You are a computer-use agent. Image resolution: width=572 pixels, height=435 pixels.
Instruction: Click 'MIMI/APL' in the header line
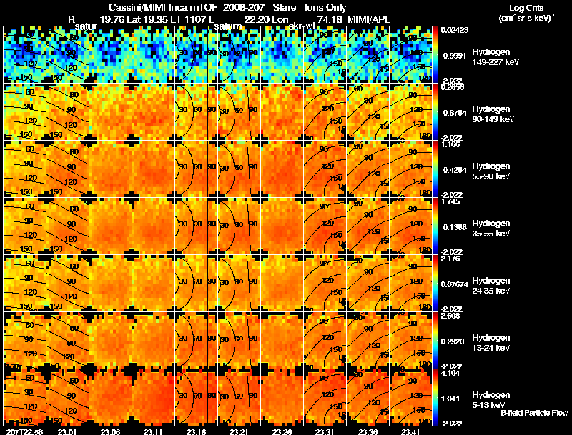(x=371, y=19)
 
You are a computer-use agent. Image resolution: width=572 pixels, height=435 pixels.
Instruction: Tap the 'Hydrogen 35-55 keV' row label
(x=492, y=228)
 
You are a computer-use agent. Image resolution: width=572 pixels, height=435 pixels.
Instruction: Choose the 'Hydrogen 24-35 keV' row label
(x=492, y=285)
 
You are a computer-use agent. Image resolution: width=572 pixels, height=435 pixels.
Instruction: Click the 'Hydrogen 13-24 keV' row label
(x=492, y=342)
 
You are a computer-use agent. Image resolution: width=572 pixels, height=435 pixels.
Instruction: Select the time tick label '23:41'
(x=413, y=431)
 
